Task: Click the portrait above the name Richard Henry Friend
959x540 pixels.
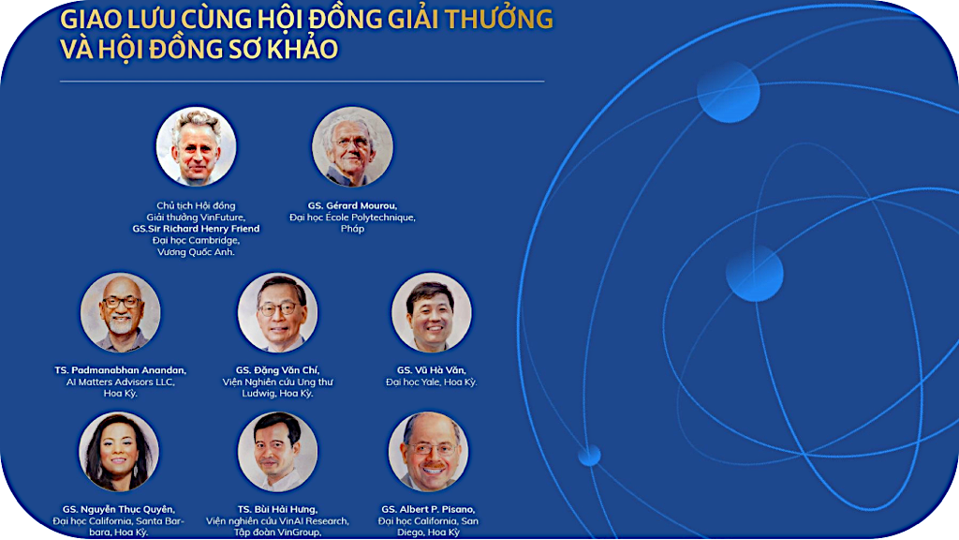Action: pos(196,146)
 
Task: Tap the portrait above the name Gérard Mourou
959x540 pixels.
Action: pos(352,146)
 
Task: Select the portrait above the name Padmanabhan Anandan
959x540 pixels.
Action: pos(121,312)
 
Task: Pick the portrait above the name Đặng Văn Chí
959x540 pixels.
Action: pos(277,312)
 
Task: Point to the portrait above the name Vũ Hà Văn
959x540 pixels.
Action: pos(431,312)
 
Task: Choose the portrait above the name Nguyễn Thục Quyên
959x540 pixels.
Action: pos(119,452)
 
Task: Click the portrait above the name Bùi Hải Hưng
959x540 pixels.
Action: pos(277,452)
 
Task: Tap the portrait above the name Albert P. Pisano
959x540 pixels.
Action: pos(428,452)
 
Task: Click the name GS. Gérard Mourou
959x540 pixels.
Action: pos(352,205)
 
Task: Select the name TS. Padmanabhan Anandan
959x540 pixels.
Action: pos(121,370)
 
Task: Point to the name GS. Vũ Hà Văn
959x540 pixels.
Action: pos(431,370)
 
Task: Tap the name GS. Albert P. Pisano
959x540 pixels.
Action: pos(428,509)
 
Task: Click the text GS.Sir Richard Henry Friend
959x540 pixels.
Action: pos(196,229)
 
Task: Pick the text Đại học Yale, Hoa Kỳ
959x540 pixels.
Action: pos(431,382)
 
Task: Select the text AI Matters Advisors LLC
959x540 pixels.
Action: pos(121,382)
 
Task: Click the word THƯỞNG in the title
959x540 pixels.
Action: pos(498,19)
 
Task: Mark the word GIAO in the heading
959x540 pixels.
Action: pos(91,20)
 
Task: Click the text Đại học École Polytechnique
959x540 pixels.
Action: pos(352,217)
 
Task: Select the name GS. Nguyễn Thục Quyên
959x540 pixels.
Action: pos(119,509)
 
